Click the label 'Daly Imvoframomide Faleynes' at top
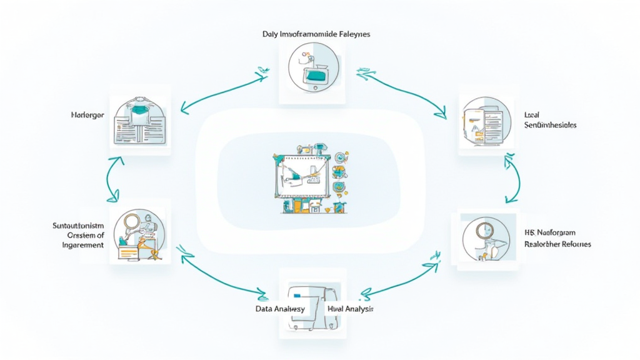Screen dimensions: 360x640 pyautogui.click(x=316, y=34)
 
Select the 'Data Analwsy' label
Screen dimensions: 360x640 pyautogui.click(x=280, y=309)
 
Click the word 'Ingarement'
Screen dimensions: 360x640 pyautogui.click(x=79, y=245)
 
